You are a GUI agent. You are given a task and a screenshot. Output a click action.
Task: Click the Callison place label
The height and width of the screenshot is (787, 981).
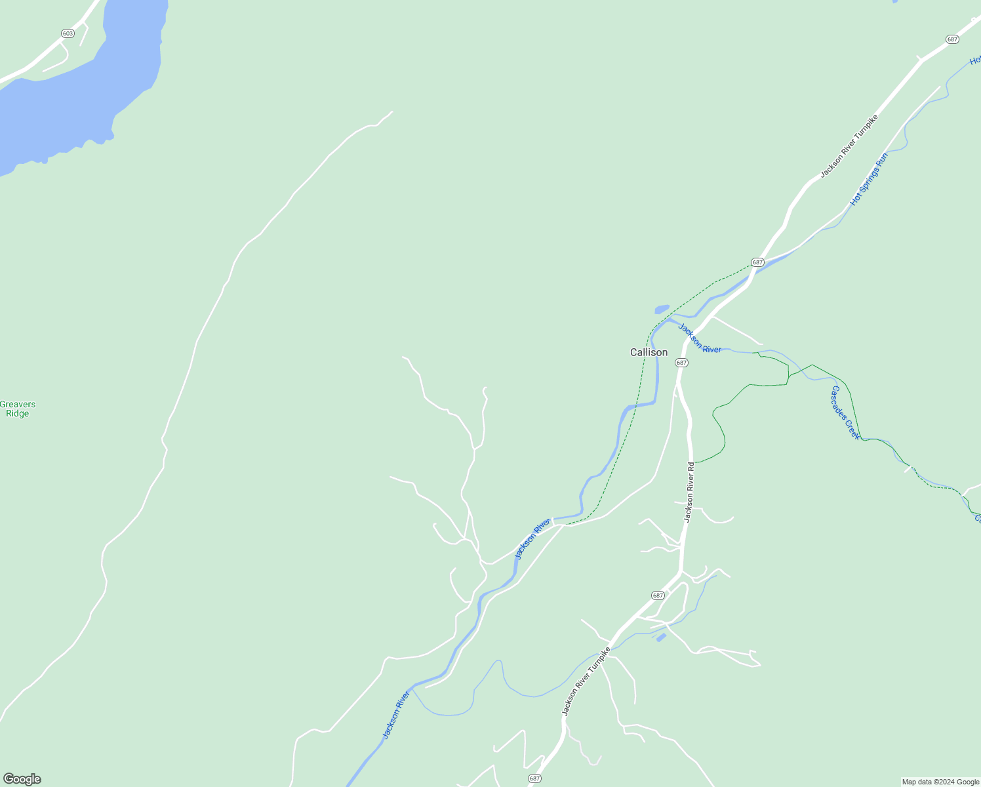tap(649, 353)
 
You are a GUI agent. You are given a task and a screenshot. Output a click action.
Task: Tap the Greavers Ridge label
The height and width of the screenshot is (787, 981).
tap(18, 409)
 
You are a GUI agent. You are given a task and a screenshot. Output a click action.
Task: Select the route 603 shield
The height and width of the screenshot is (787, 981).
tap(68, 33)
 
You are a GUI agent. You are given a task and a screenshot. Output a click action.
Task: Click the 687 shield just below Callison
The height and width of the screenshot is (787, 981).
tap(681, 363)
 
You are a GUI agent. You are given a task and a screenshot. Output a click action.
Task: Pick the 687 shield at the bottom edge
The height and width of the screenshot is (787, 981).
tap(534, 778)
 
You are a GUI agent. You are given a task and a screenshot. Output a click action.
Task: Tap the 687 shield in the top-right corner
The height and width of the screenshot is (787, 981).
tap(953, 39)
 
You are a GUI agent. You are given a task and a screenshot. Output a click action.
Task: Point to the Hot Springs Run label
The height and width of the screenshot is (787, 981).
tap(869, 179)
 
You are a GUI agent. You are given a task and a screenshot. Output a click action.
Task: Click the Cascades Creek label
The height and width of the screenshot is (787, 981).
tap(845, 413)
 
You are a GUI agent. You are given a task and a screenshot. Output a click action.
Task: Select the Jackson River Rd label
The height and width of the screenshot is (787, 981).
tap(689, 492)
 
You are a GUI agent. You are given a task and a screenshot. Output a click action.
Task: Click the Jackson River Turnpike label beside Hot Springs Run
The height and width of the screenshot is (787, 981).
tap(849, 146)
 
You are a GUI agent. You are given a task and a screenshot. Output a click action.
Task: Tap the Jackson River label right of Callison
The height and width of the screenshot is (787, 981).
tap(700, 338)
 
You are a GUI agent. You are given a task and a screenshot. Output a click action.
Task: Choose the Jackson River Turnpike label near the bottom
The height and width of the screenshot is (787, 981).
tap(586, 681)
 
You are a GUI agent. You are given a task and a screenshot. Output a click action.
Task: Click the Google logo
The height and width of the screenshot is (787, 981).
tap(22, 779)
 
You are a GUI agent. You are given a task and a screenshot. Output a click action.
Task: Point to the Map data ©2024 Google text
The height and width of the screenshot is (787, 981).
tap(940, 782)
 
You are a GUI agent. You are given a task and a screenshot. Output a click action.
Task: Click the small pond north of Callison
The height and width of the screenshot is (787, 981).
tap(662, 309)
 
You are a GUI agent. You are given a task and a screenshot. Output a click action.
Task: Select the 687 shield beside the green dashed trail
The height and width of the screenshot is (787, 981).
tap(757, 262)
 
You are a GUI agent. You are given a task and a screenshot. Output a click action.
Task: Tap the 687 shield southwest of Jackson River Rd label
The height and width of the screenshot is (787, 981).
tap(658, 595)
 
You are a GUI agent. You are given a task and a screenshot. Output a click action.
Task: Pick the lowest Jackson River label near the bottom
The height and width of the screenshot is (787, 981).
tap(396, 715)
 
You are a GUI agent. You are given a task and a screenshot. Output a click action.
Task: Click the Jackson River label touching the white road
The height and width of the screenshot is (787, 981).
tap(532, 538)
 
